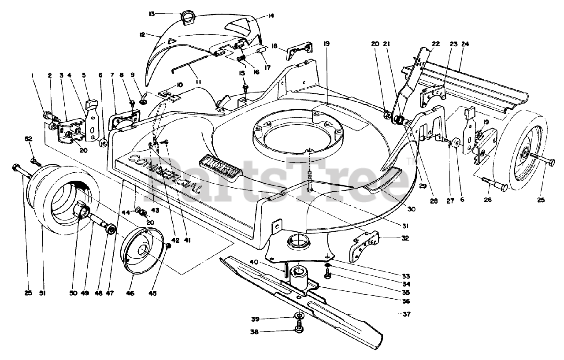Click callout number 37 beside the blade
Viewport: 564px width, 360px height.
click(406, 314)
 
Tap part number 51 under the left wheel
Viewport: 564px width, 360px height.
click(42, 293)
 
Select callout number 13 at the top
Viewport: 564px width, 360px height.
click(152, 14)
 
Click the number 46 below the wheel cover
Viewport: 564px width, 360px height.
click(131, 293)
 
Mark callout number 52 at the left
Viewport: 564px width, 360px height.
click(29, 139)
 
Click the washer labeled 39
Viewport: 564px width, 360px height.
click(299, 317)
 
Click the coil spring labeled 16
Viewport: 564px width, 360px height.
click(241, 58)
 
